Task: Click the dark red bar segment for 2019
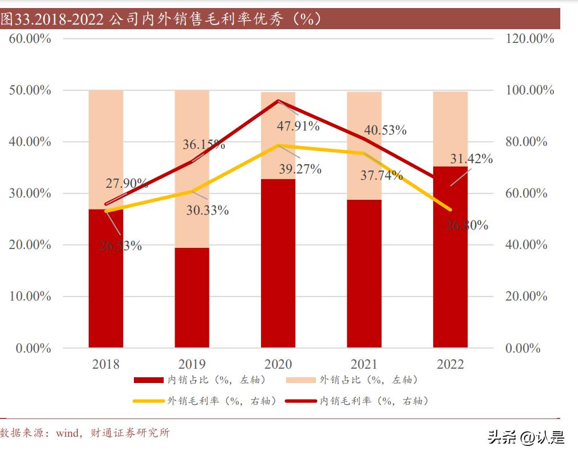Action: click(x=192, y=298)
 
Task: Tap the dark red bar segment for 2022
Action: click(x=450, y=258)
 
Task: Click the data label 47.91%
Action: click(x=298, y=126)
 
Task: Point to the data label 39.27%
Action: click(x=300, y=169)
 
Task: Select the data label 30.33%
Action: click(x=207, y=210)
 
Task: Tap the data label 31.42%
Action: click(x=471, y=159)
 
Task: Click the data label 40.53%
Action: click(x=385, y=130)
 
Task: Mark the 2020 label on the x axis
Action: click(x=278, y=364)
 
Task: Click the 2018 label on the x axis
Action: click(x=106, y=364)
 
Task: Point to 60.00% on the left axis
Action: click(x=30, y=39)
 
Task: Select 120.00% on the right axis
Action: click(x=531, y=39)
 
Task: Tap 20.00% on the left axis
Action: click(x=30, y=245)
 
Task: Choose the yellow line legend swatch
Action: click(x=148, y=401)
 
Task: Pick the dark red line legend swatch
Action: click(x=301, y=401)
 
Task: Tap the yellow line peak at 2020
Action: click(x=278, y=145)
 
